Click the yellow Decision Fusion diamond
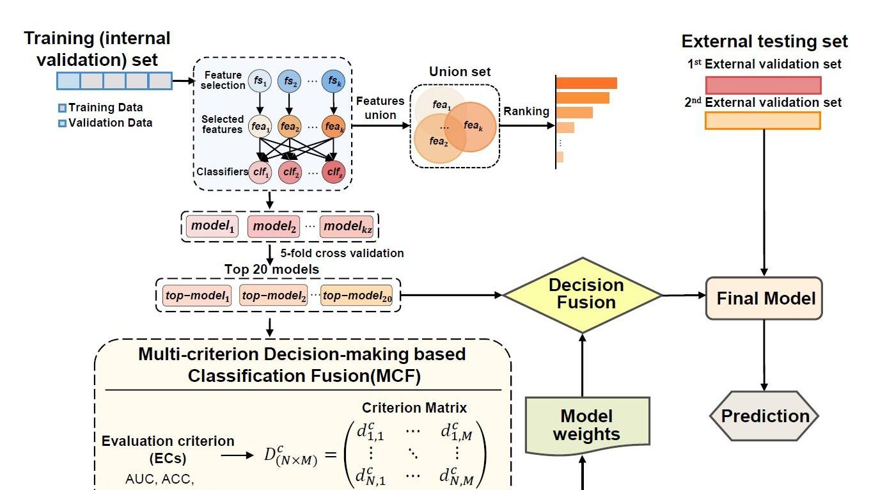(582, 294)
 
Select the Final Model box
(764, 298)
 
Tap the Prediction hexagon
(764, 416)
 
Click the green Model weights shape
(586, 425)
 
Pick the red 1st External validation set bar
(763, 85)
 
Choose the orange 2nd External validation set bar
(762, 120)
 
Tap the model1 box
(211, 226)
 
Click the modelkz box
(347, 226)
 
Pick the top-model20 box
(356, 295)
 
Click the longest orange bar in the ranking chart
(586, 83)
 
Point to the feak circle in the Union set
(471, 127)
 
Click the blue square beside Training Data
(62, 108)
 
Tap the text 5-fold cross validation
(341, 253)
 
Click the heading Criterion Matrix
(414, 408)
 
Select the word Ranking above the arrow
(526, 112)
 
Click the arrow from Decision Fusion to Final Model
(684, 296)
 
